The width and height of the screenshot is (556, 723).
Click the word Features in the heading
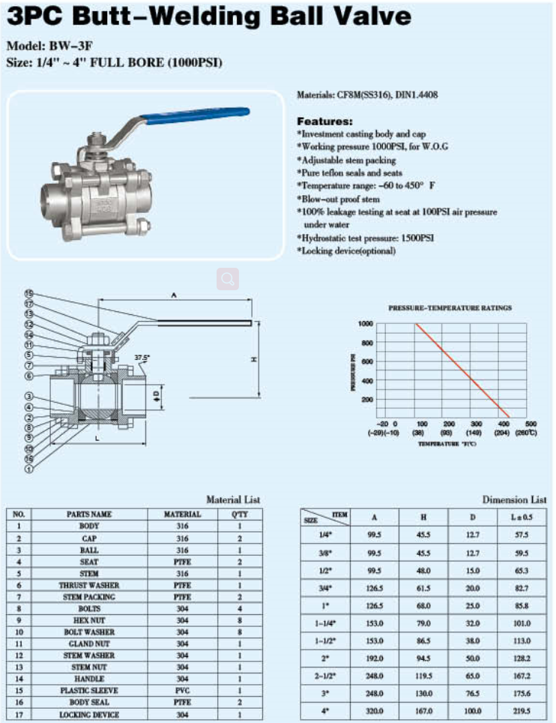coord(324,121)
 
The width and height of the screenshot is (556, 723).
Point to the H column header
coord(424,517)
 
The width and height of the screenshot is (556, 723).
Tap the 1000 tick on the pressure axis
coord(365,323)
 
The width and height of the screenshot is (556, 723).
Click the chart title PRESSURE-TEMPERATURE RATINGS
coord(450,307)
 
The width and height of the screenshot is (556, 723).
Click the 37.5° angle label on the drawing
coord(142,358)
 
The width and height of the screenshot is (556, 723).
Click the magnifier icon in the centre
coord(228,279)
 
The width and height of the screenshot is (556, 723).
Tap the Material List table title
coord(233,499)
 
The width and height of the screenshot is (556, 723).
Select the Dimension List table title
coord(514,499)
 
